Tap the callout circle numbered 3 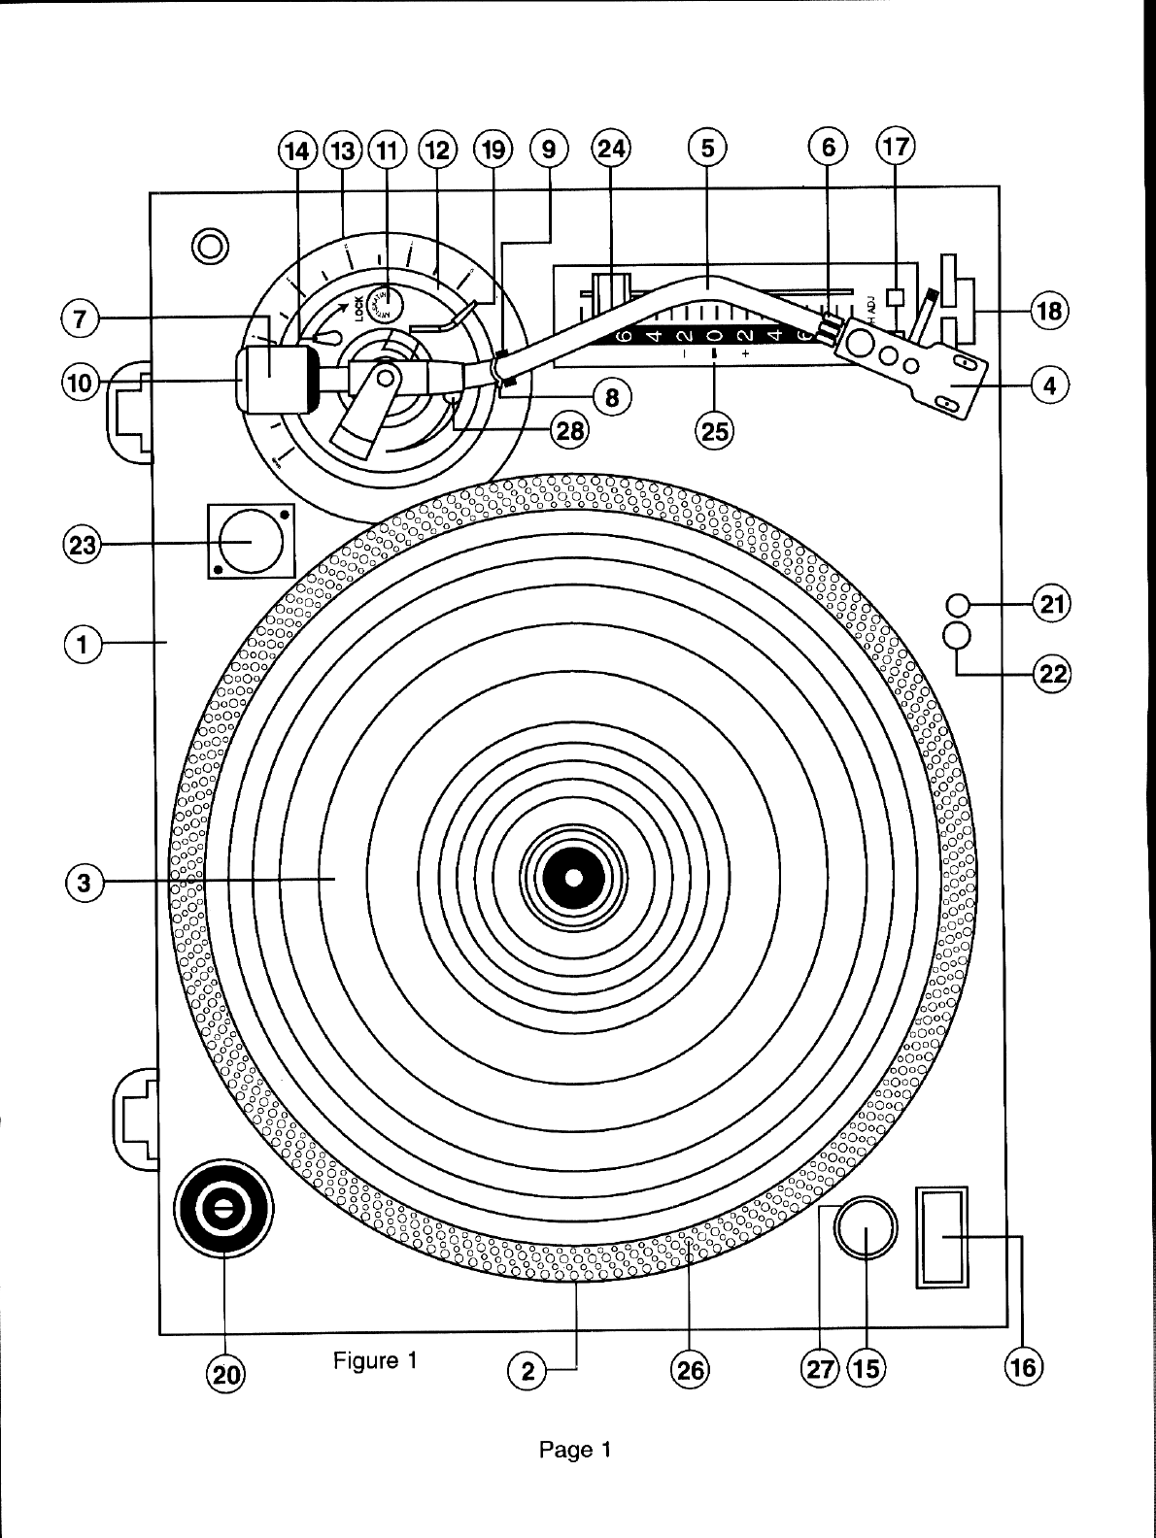[84, 883]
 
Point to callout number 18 [1049, 313]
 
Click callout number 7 [79, 318]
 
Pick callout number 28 [568, 428]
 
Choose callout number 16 [1023, 1367]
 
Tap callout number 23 [82, 545]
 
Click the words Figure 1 [375, 1360]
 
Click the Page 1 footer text [575, 1451]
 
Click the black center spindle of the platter [573, 878]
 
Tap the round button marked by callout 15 [866, 1228]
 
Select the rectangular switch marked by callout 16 [942, 1236]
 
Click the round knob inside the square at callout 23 [248, 540]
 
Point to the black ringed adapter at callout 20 [223, 1208]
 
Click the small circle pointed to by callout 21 [958, 607]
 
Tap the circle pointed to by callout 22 [958, 636]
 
